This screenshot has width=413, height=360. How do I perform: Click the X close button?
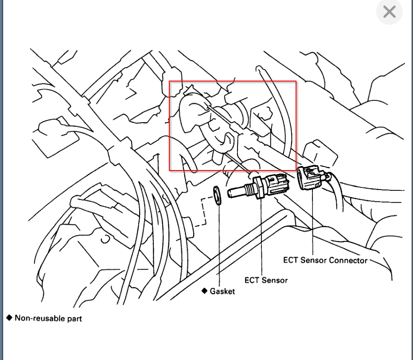click(389, 12)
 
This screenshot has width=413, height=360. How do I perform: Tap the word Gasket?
click(222, 291)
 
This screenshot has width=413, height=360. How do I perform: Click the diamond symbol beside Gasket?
click(205, 291)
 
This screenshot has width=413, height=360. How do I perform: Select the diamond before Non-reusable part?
click(9, 317)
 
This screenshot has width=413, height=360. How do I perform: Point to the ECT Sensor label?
click(266, 280)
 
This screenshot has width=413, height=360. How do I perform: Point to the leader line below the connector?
click(313, 221)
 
